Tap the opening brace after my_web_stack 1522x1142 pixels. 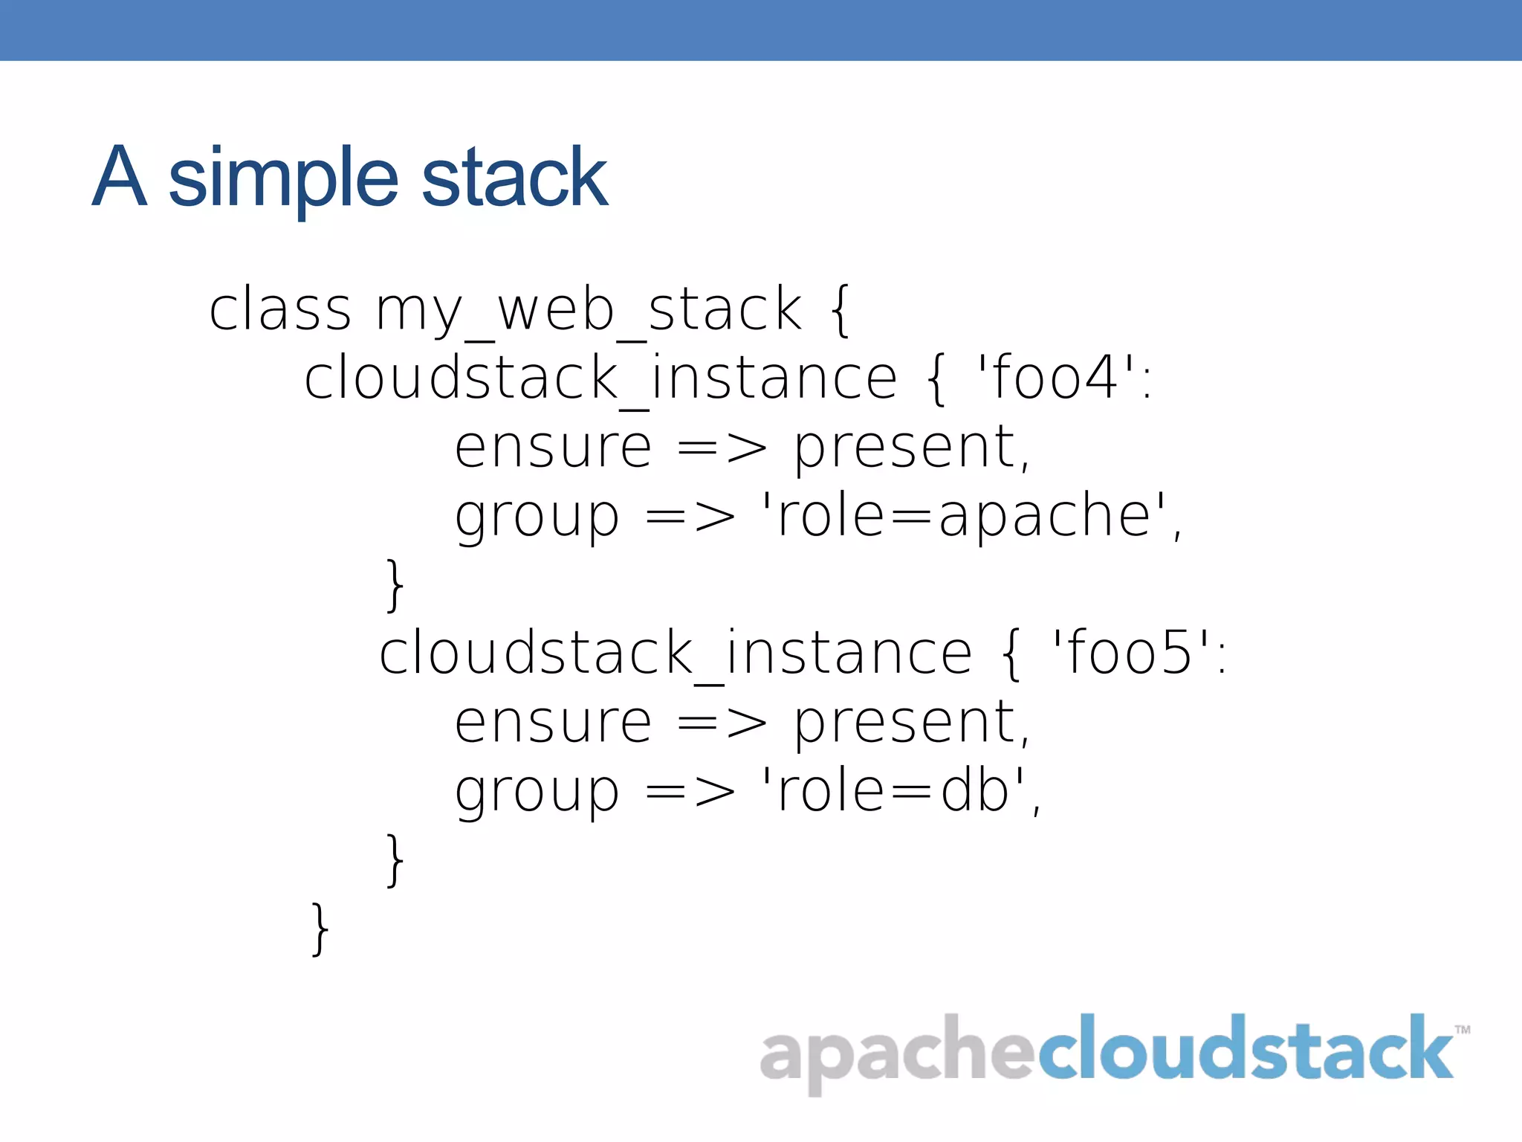click(840, 311)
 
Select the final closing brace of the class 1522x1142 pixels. click(320, 929)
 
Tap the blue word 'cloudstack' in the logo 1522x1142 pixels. click(1245, 1048)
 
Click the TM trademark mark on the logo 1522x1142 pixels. click(1463, 1030)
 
